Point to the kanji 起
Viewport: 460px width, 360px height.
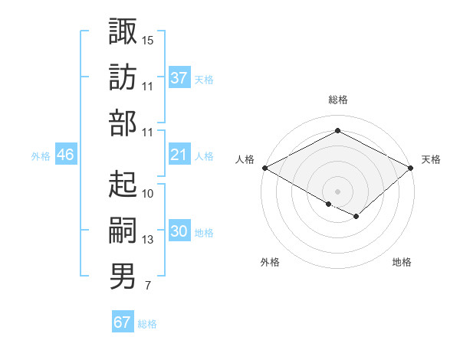pos(123,184)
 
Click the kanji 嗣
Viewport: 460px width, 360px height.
pos(123,229)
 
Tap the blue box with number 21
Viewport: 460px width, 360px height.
pos(179,155)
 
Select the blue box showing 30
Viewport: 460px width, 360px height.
pos(179,232)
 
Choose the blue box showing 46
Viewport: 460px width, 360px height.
pos(66,155)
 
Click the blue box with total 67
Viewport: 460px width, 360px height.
pos(123,322)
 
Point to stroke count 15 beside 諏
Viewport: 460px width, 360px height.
pos(148,39)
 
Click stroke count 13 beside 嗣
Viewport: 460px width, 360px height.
pos(148,240)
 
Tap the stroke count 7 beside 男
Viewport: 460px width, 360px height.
pos(147,286)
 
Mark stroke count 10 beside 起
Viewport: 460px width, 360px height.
pos(148,193)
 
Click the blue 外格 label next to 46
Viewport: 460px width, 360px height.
pos(41,155)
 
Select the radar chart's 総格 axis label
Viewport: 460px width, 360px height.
pos(337,100)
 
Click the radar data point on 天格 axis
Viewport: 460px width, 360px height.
pos(412,168)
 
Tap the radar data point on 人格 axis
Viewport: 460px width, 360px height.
pos(264,168)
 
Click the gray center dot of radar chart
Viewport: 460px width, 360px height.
pos(337,190)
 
